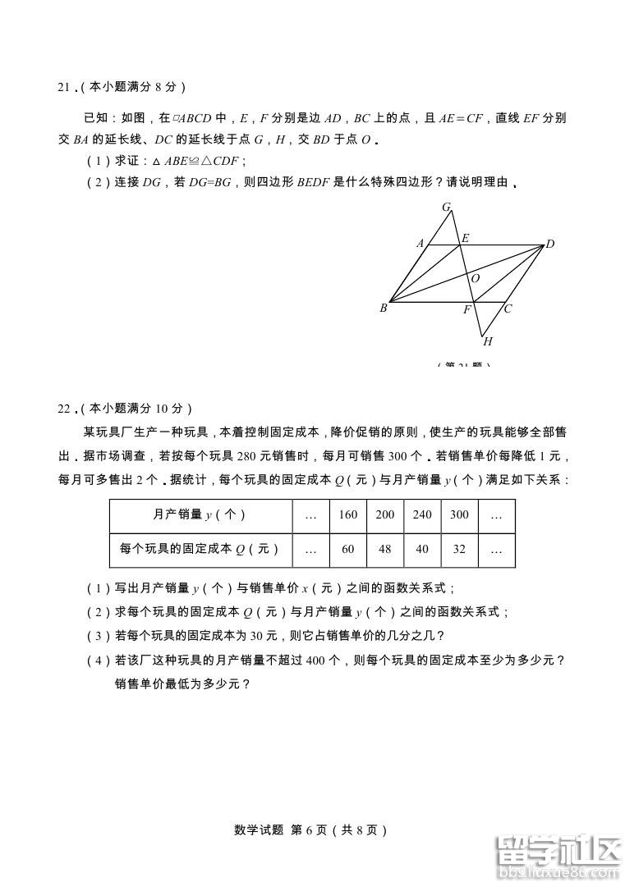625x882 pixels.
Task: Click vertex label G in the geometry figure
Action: [x=447, y=207]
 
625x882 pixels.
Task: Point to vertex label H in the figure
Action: [x=488, y=341]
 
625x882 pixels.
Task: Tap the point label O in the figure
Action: [x=476, y=279]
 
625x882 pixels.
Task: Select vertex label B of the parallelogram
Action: [x=383, y=308]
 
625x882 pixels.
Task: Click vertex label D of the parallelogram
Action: [x=550, y=244]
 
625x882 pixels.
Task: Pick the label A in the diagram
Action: [x=420, y=244]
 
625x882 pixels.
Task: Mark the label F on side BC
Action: [x=467, y=310]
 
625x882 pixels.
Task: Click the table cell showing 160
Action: [x=348, y=514]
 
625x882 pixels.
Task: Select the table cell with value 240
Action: [x=422, y=514]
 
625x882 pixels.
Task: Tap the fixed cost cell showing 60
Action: [x=348, y=549]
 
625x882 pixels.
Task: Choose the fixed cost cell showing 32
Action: [x=459, y=549]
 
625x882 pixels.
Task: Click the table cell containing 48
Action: [x=385, y=549]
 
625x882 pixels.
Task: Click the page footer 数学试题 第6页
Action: [x=309, y=829]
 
